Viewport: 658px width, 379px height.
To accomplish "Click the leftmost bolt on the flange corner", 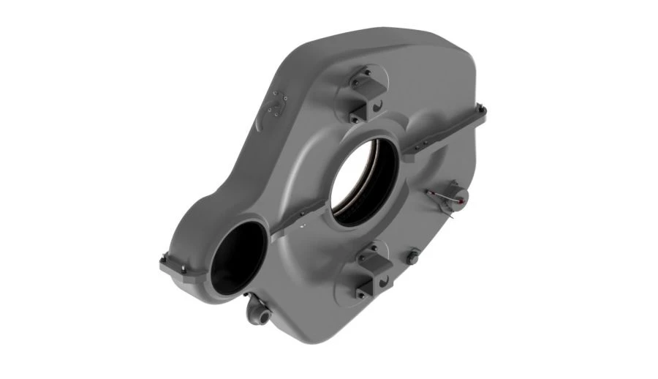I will point(162,262).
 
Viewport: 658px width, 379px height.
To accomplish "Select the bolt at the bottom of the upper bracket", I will point(354,118).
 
